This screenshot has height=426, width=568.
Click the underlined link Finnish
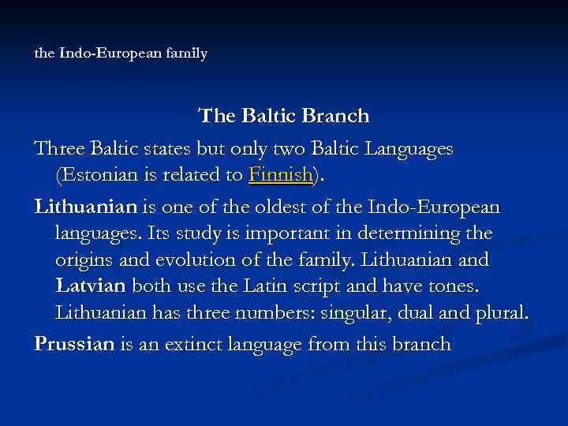280,175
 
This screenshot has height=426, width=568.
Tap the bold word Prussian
74,345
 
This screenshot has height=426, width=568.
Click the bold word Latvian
91,286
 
